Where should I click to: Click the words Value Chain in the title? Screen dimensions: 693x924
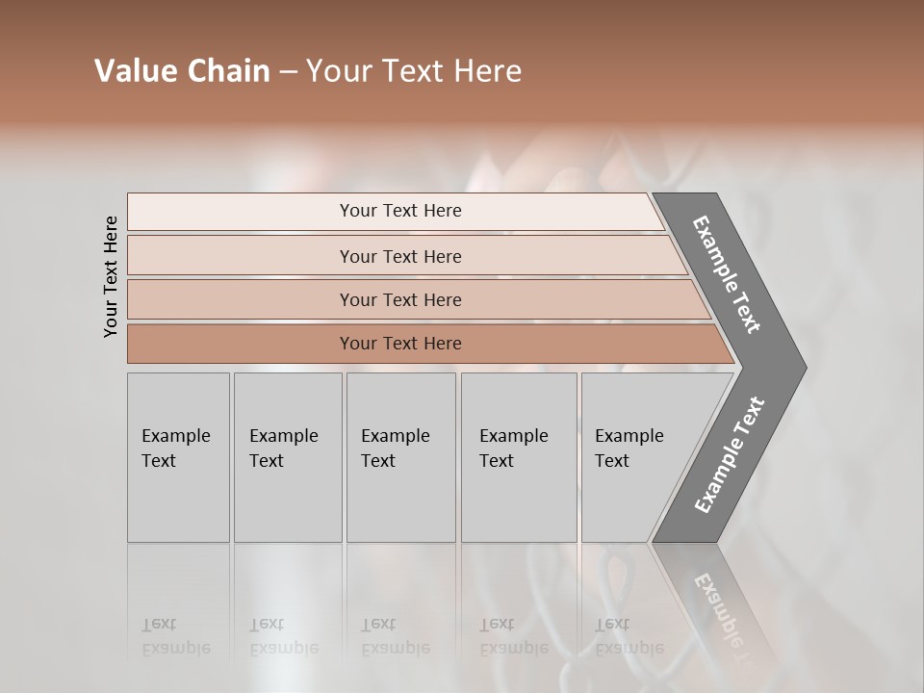point(182,71)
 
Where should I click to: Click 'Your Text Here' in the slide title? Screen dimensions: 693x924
point(414,71)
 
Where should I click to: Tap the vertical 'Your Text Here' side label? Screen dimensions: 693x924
point(112,276)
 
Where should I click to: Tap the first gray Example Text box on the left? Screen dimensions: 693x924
point(178,457)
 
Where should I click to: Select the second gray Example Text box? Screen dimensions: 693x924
point(288,457)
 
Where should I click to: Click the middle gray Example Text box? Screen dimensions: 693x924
point(400,457)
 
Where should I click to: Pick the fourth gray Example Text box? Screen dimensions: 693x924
point(519,457)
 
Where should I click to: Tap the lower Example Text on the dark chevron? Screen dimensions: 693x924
point(730,454)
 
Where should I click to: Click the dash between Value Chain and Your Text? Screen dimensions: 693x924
point(288,72)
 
